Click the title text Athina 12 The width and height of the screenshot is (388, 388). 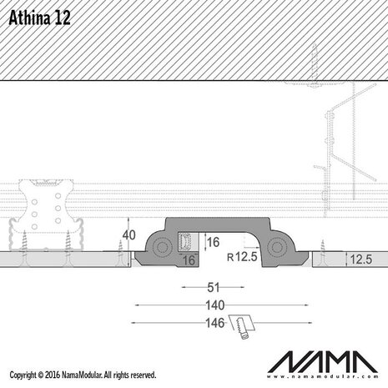click(39, 19)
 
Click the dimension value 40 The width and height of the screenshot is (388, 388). click(129, 234)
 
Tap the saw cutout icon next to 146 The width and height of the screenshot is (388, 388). click(244, 326)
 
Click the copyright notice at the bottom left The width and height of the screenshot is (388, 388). click(80, 375)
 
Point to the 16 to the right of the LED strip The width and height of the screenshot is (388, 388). click(214, 242)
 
